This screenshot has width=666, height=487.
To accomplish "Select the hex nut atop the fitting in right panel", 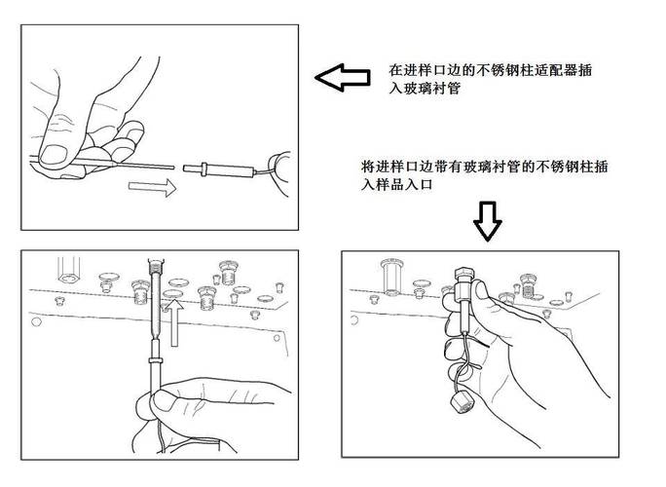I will (463, 272).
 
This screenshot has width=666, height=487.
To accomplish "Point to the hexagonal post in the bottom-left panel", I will (69, 267).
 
